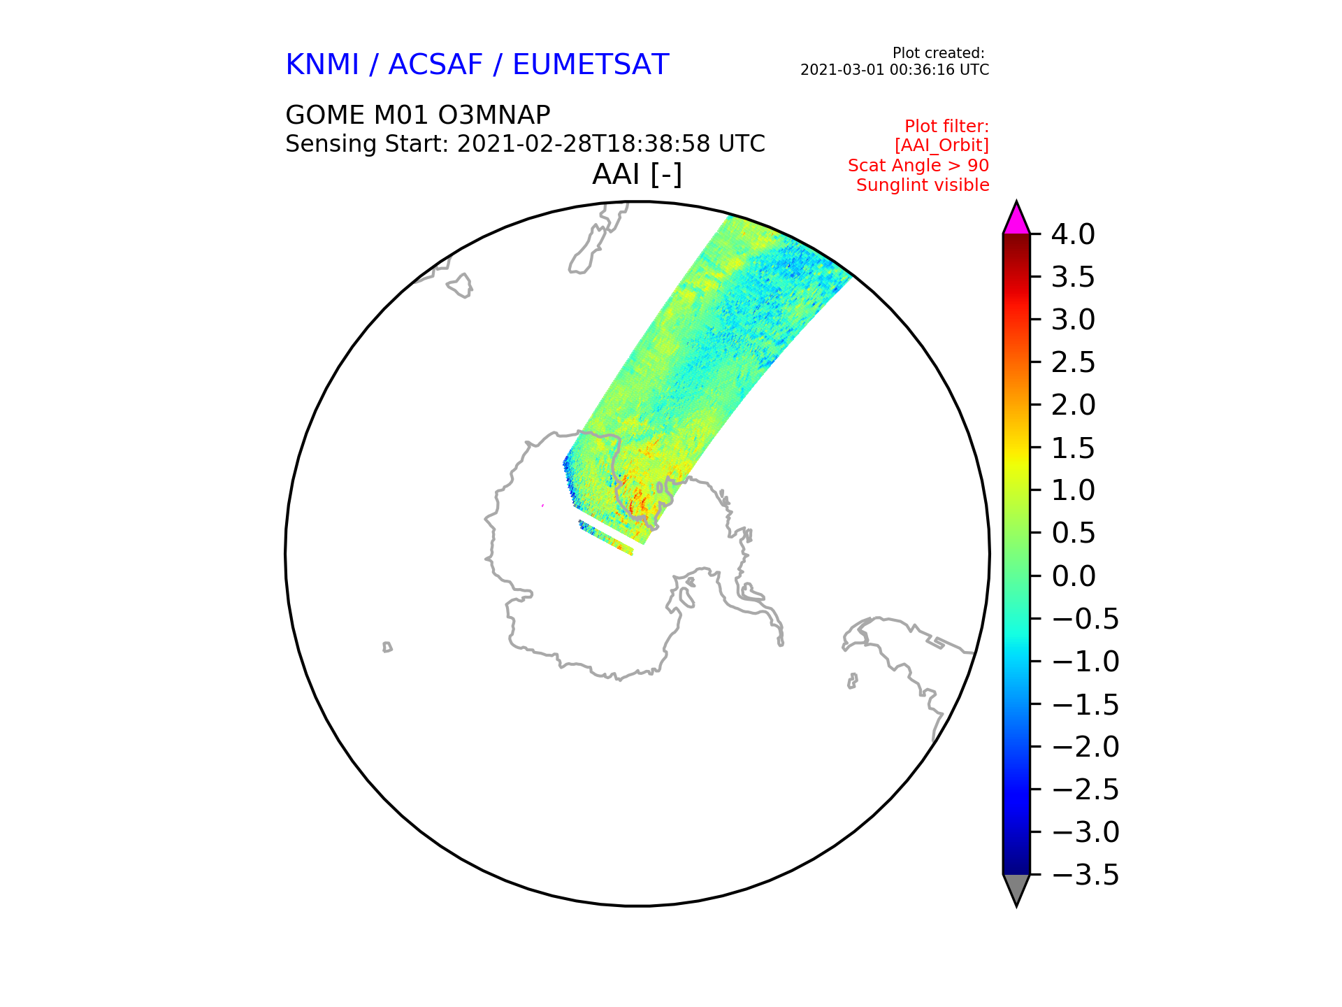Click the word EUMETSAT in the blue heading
(591, 65)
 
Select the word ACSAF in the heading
(435, 65)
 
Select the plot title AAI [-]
(637, 174)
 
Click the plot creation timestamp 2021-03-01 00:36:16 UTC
(895, 70)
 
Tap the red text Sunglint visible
(923, 185)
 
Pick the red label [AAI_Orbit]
(941, 145)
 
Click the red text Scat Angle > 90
(918, 166)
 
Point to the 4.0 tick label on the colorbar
(1073, 235)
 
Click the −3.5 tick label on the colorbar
(1085, 875)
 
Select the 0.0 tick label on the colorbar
(1073, 576)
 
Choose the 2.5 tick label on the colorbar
(1073, 363)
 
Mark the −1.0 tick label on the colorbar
(1085, 662)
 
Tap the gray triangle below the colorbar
(1016, 887)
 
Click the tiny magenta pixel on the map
(543, 505)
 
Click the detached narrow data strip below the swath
(606, 538)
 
